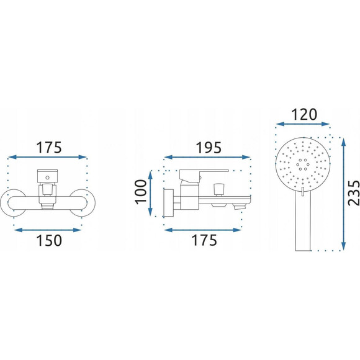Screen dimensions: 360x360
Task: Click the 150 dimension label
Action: pos(49,240)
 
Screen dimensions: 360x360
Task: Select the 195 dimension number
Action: pos(209,147)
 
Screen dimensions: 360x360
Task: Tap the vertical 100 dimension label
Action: pos(141,192)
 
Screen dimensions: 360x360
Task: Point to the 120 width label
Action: pos(304,115)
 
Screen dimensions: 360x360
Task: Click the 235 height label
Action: pos(354,193)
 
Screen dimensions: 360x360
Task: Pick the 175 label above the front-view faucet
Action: pos(49,147)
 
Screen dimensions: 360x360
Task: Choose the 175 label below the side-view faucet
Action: pos(204,240)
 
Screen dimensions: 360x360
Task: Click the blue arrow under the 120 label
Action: pos(303,124)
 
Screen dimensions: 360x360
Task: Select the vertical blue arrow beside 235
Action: pos(343,194)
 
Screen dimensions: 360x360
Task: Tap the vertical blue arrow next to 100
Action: pos(150,193)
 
